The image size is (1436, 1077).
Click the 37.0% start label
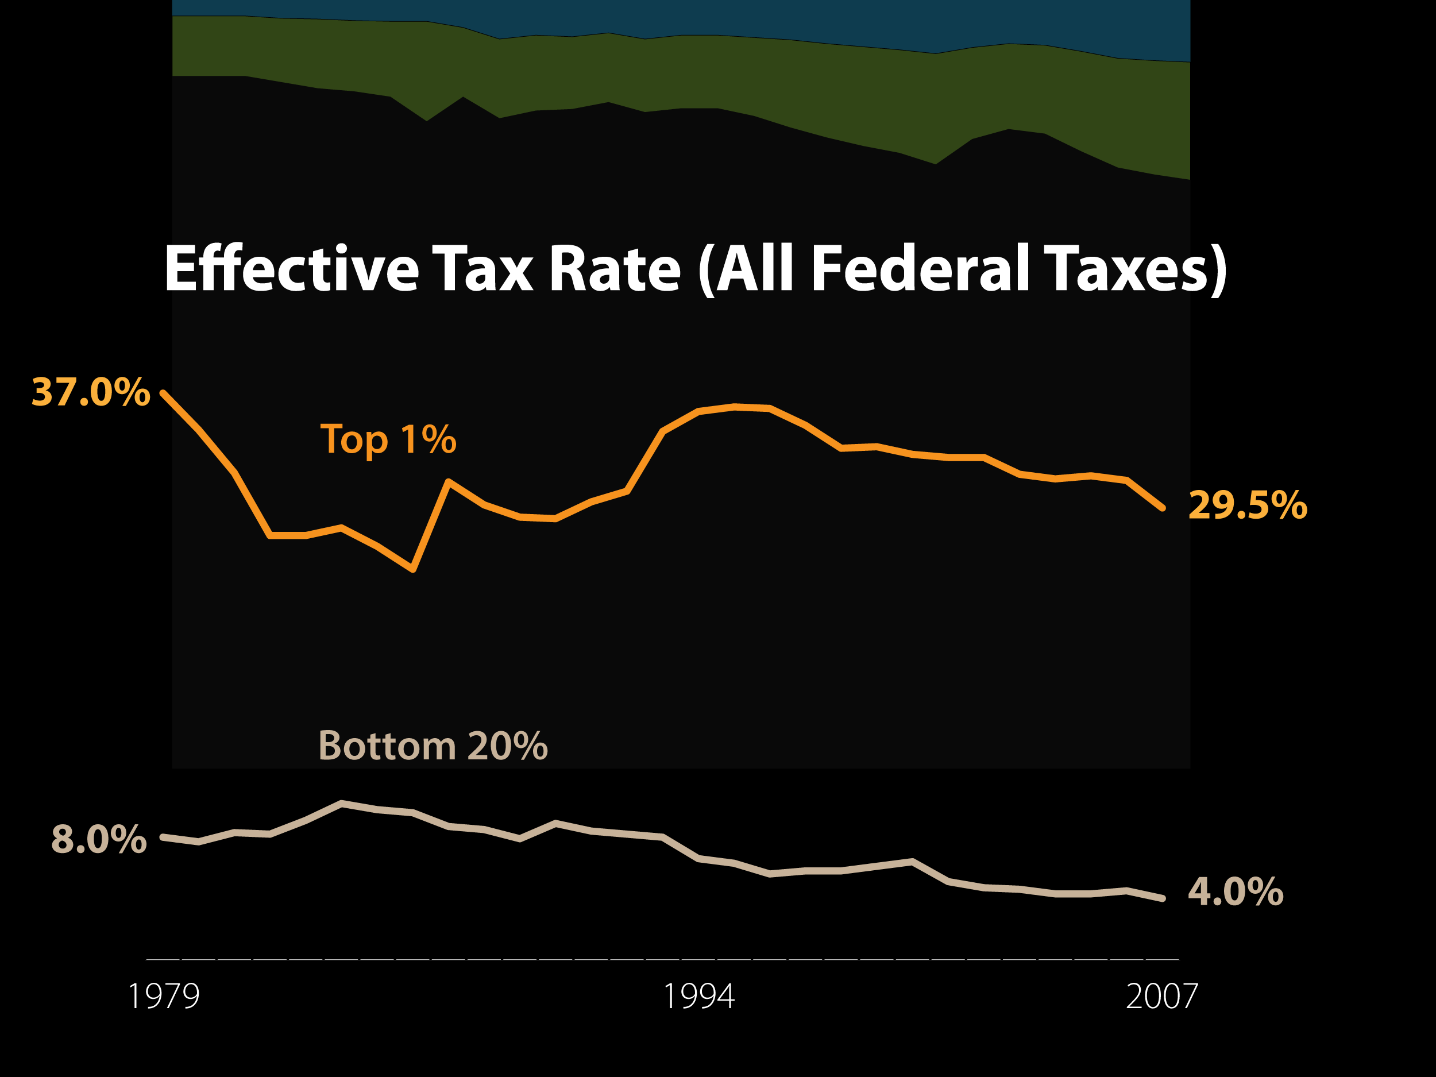(91, 392)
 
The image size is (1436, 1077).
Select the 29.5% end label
(1248, 505)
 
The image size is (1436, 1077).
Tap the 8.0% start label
(99, 839)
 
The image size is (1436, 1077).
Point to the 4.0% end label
(1236, 891)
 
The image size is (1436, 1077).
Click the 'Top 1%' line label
(388, 439)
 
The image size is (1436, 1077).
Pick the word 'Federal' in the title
(921, 268)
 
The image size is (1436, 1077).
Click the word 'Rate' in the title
(615, 269)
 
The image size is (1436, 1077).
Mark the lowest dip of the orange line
(414, 570)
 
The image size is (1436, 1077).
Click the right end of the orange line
(1162, 508)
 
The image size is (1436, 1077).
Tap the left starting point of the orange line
(163, 393)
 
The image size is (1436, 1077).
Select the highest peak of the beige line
(341, 803)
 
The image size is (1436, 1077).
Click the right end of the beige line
(1163, 898)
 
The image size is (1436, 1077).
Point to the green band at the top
(682, 71)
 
